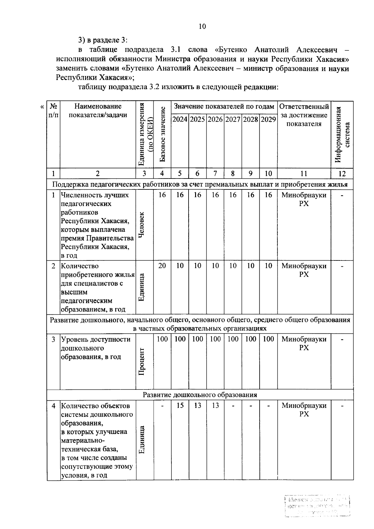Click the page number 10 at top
202,26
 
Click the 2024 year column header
180,120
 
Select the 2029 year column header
268,120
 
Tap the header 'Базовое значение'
162,135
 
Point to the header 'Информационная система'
342,135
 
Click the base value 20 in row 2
162,266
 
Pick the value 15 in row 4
180,405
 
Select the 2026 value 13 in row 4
198,405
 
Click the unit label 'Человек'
141,225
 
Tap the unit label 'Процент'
141,361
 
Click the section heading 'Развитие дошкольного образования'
200,395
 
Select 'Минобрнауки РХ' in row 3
304,343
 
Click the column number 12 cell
342,174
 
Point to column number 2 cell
98,174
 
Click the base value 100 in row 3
162,339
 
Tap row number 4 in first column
54,406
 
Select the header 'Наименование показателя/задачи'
98,111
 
